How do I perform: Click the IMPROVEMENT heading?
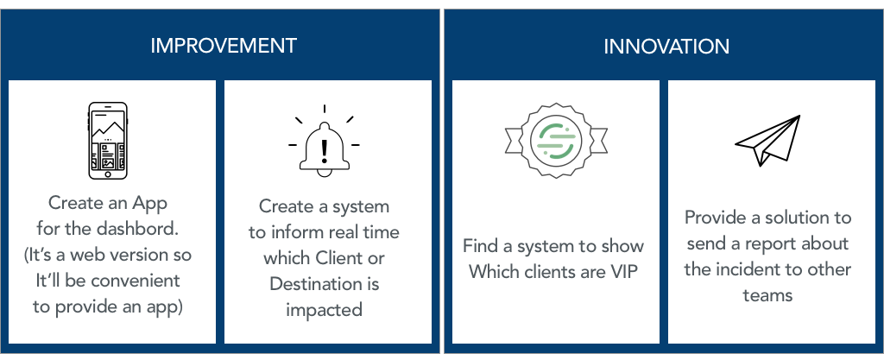click(x=224, y=46)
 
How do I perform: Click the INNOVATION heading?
click(x=666, y=47)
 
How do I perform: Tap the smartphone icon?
click(x=108, y=141)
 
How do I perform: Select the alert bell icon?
click(x=325, y=142)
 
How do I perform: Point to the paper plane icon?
click(x=767, y=140)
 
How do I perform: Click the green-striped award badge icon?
click(x=556, y=140)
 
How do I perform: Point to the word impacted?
click(x=324, y=310)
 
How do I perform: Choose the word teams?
click(x=767, y=294)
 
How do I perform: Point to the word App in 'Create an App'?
click(x=148, y=204)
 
